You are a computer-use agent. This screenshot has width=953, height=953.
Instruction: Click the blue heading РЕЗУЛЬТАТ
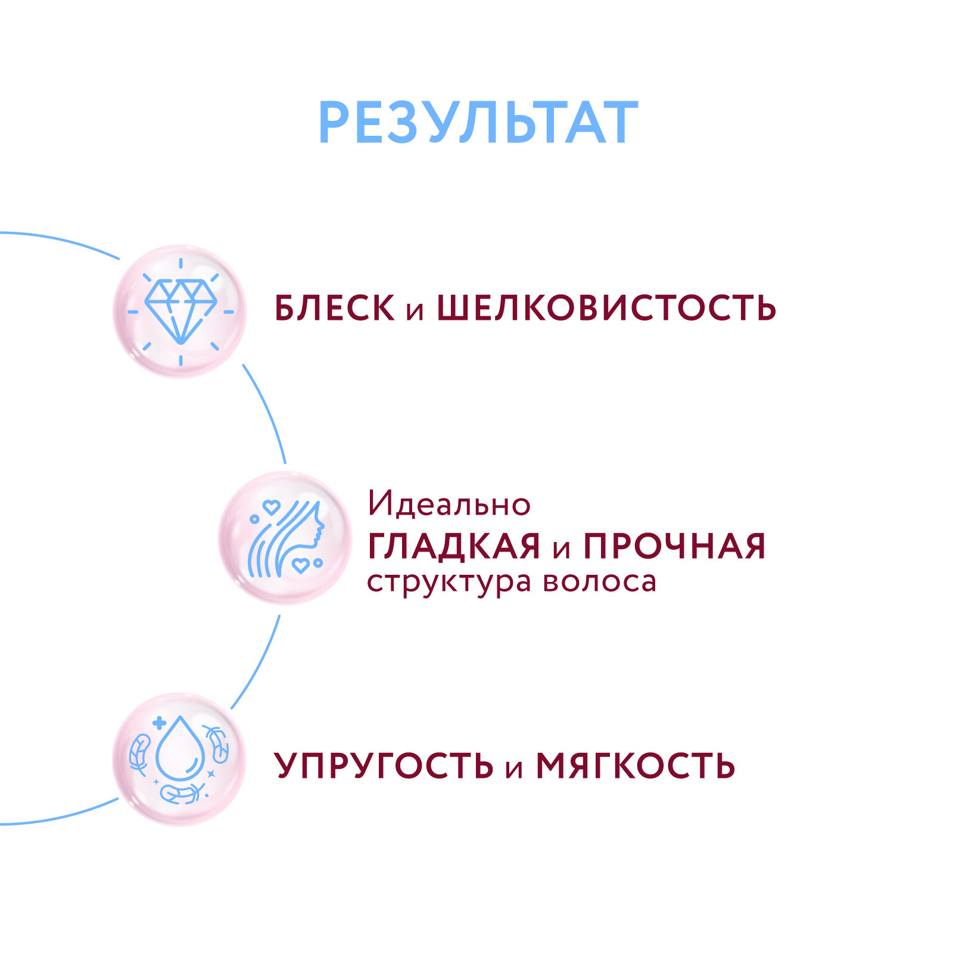pos(478,123)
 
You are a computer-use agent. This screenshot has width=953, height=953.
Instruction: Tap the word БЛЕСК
pos(334,309)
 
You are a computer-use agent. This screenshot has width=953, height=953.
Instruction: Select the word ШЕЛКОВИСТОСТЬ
pos(606,309)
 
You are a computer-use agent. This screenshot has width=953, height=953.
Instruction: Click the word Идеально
pos(449,504)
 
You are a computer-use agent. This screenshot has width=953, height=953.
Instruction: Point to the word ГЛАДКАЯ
pos(454,546)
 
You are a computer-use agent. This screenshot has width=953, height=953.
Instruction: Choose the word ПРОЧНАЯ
pos(674,546)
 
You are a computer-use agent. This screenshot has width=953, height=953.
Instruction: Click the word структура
pos(449,583)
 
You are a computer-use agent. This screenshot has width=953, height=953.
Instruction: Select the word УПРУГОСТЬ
pos(384,766)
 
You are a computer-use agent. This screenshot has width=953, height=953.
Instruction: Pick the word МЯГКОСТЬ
pos(636,766)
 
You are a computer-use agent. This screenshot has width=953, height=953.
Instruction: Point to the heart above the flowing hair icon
pos(272,507)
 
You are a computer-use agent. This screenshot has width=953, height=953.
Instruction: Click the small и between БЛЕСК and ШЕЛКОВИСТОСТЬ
pos(415,311)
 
